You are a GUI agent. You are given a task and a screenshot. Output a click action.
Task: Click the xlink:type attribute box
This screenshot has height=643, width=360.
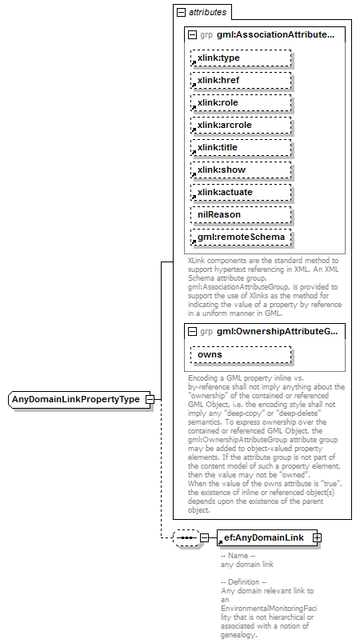click(240, 58)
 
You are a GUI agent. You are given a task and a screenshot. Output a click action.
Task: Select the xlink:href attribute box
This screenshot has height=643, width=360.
click(240, 80)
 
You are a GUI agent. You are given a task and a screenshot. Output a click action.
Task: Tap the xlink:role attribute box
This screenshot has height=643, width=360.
click(240, 102)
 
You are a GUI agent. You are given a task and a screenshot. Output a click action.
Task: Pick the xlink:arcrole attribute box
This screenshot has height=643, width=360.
click(240, 125)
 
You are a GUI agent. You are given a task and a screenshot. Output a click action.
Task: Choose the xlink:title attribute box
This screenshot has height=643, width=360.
click(240, 147)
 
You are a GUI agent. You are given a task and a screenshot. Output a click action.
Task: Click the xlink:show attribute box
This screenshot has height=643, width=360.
click(240, 170)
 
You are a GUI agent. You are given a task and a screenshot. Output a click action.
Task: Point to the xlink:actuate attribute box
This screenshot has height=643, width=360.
click(240, 192)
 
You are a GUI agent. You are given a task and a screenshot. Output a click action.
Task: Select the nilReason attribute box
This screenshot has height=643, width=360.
click(240, 214)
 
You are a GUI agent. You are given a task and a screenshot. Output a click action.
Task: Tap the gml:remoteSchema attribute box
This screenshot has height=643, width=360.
click(240, 238)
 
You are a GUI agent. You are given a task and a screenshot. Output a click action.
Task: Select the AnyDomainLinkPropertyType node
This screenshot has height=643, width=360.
click(75, 399)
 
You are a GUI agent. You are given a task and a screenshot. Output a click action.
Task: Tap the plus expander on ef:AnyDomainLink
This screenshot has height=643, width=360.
click(318, 538)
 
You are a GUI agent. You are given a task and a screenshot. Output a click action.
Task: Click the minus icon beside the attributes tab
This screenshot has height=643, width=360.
click(181, 13)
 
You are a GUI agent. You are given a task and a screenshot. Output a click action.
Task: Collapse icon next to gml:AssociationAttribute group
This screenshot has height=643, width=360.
click(192, 35)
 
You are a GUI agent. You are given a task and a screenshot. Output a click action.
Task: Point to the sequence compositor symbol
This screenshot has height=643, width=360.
click(186, 538)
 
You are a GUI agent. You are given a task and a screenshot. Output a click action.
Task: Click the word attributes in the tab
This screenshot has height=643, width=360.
click(207, 13)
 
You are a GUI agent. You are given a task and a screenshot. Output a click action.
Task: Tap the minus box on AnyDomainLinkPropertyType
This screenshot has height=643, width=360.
click(149, 399)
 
